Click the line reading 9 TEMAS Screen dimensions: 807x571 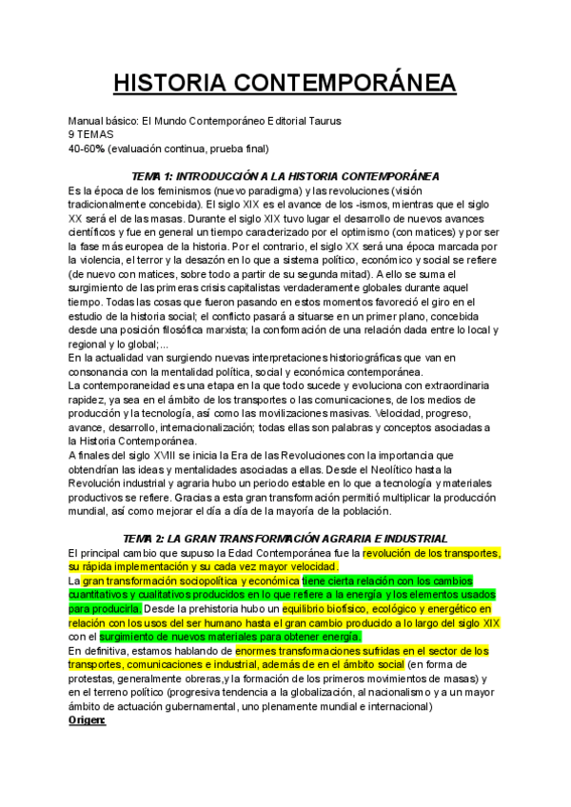point(93,135)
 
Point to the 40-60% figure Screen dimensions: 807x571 point(86,148)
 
